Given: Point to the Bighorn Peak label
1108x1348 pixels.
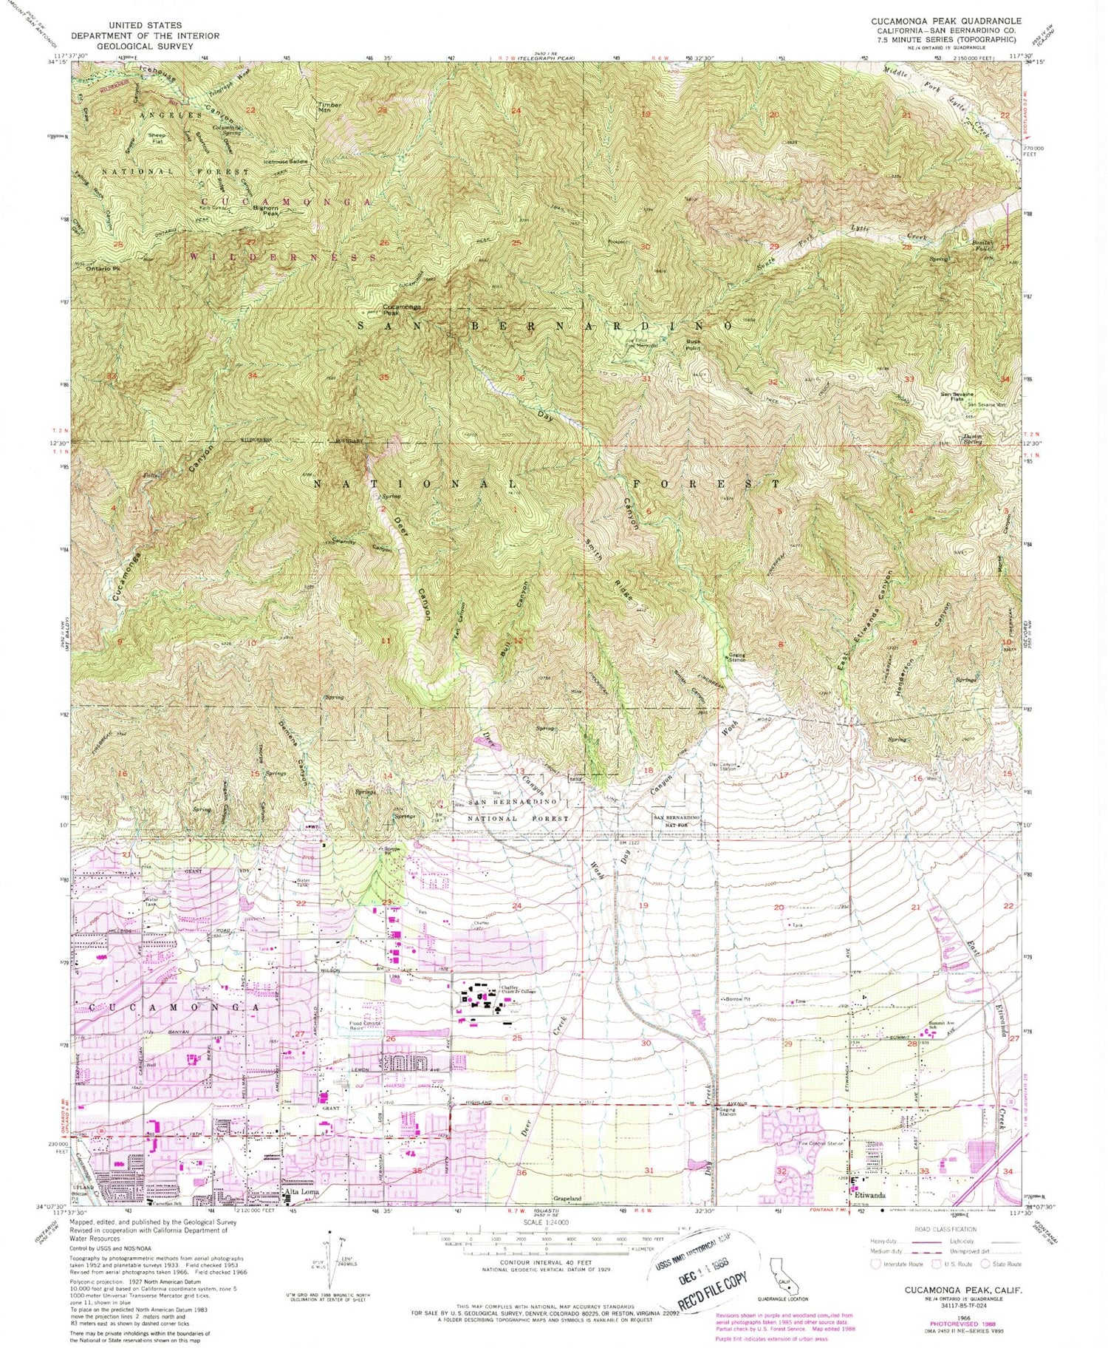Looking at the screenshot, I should (x=265, y=211).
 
